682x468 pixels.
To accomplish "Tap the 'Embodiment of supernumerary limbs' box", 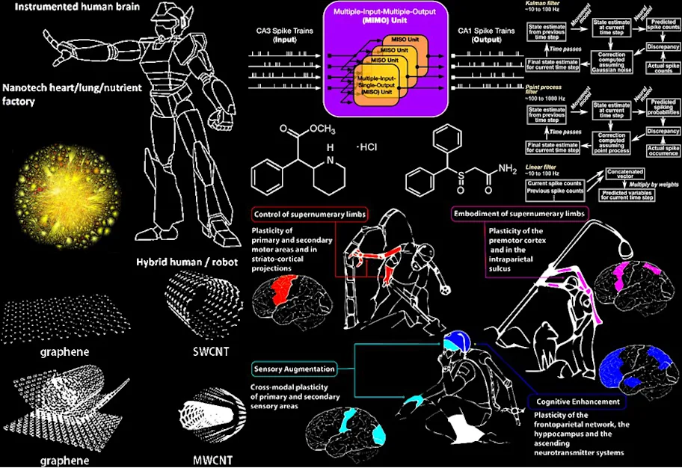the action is point(520,215).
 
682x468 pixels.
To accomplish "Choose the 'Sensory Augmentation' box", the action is point(294,369).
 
